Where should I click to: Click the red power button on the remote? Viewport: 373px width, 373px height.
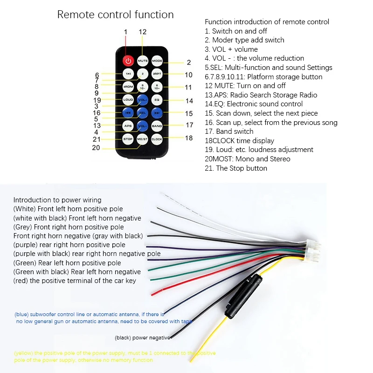pyautogui.click(x=128, y=61)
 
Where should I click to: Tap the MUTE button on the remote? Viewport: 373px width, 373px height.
pyautogui.click(x=143, y=61)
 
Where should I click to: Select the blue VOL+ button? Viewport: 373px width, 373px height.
pyautogui.click(x=143, y=100)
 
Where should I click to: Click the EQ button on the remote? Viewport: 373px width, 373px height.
pyautogui.click(x=157, y=100)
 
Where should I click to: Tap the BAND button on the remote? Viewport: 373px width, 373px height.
pyautogui.click(x=157, y=126)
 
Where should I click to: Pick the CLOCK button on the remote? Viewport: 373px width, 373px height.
pyautogui.click(x=157, y=139)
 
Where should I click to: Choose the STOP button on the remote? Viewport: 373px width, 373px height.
pyautogui.click(x=128, y=139)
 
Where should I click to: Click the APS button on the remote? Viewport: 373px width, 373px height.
pyautogui.click(x=128, y=126)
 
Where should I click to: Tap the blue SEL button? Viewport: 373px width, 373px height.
pyautogui.click(x=143, y=113)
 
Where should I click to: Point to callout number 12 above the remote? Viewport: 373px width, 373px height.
pyautogui.click(x=143, y=32)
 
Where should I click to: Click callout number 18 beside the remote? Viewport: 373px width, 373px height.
pyautogui.click(x=189, y=138)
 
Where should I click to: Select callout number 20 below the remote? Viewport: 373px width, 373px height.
pyautogui.click(x=96, y=148)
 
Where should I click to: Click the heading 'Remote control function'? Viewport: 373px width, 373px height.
pyautogui.click(x=115, y=14)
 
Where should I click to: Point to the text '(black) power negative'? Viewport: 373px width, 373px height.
pyautogui.click(x=142, y=337)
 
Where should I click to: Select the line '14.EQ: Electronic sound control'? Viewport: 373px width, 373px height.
pyautogui.click(x=254, y=104)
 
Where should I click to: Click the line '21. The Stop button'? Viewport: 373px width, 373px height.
pyautogui.click(x=236, y=168)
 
